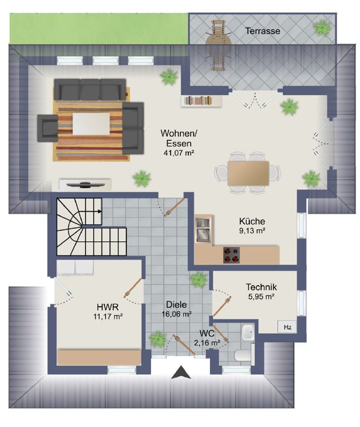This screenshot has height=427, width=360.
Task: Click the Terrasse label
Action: coord(262,31)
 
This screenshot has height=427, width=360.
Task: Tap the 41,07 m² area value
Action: coord(178,153)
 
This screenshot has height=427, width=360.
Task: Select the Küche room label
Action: coord(252,221)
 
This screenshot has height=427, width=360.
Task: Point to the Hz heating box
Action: coord(287,327)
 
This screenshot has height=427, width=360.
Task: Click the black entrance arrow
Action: coord(181,373)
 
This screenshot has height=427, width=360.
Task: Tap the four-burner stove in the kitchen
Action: coord(231,255)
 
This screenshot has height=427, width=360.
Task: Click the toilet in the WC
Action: coord(244,355)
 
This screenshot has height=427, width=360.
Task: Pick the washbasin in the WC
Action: coord(248,332)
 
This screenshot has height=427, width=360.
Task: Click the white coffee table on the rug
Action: coord(91,124)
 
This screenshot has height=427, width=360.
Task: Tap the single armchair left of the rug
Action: coord(48,128)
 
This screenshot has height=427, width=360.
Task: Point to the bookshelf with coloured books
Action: coord(201,100)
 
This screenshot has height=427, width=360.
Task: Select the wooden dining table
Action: coord(248,173)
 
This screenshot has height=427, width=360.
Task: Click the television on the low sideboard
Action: coord(85,185)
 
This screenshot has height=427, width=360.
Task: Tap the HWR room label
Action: coord(108,307)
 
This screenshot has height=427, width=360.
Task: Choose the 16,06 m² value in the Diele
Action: coord(176,314)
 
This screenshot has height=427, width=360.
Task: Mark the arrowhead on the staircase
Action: coord(100,211)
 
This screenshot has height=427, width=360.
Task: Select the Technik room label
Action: coord(261,287)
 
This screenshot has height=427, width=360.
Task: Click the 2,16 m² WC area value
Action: coord(207,343)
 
